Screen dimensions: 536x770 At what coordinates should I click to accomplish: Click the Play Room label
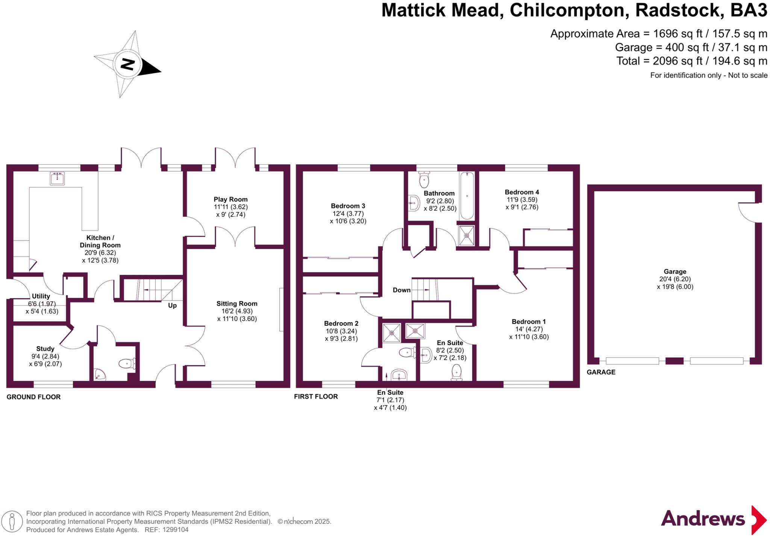tap(230, 199)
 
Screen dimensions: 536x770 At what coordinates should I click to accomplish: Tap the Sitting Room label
tap(236, 303)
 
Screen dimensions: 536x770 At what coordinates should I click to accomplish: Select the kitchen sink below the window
tap(57, 179)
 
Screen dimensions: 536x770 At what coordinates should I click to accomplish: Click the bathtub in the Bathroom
tap(467, 196)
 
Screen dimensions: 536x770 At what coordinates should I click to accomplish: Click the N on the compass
tap(128, 64)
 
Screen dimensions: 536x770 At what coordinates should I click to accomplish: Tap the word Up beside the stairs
tap(172, 305)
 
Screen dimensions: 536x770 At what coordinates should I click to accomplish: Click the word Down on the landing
tap(402, 290)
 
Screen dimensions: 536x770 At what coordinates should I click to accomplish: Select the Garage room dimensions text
tap(675, 283)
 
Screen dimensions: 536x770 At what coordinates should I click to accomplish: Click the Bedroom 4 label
tap(522, 192)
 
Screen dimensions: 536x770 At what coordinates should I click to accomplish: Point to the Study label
tap(45, 348)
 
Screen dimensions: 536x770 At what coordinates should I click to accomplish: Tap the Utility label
tap(41, 296)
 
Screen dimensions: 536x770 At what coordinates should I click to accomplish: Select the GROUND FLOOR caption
tap(33, 397)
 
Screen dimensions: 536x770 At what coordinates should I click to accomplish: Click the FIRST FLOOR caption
tap(316, 396)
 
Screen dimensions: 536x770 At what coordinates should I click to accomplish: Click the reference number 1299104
tap(174, 530)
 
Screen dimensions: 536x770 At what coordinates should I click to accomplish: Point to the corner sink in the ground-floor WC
tap(99, 374)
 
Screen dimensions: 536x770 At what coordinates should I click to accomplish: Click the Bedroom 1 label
tap(529, 321)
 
